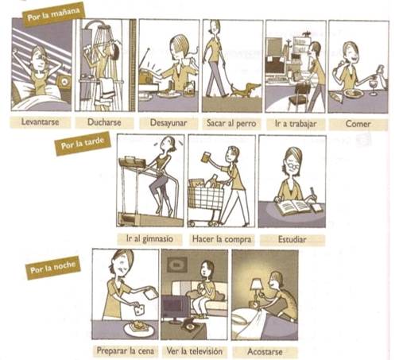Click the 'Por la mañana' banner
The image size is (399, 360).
click(x=53, y=14)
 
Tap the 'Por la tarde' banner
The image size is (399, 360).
click(x=82, y=143)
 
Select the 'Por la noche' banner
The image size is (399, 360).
click(x=53, y=267)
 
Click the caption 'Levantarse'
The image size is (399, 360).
click(x=41, y=122)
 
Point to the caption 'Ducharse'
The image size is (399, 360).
click(x=104, y=122)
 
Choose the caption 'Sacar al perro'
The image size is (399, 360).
click(x=231, y=123)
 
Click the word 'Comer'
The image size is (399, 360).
click(x=358, y=124)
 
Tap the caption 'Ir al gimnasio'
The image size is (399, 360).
click(x=149, y=238)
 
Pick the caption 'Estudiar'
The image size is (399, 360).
click(x=292, y=239)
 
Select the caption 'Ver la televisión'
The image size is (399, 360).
click(x=195, y=351)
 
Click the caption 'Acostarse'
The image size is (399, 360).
click(x=265, y=351)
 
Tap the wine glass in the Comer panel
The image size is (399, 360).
click(x=374, y=87)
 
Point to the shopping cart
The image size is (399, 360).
click(x=206, y=201)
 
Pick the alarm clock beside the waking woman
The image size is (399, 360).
click(x=64, y=82)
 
